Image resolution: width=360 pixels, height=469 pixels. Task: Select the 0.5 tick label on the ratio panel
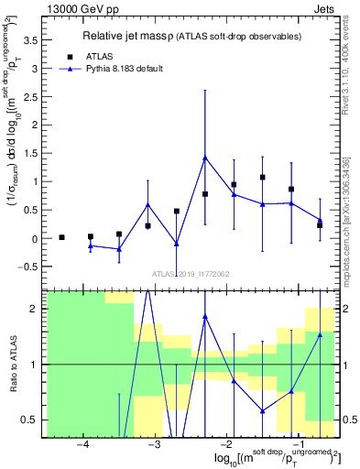pos(31,420)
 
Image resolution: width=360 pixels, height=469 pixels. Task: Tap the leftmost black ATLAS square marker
pos(61,237)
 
